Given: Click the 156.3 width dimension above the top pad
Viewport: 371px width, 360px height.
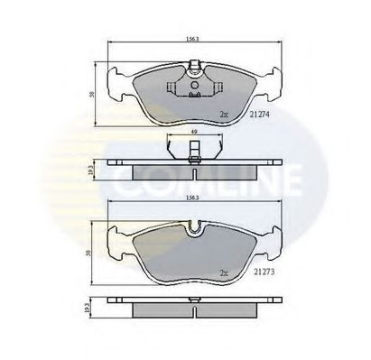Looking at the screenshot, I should point(191,39).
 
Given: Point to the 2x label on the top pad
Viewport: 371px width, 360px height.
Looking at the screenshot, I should point(224,115).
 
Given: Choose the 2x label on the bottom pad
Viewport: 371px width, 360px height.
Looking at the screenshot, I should point(224,270).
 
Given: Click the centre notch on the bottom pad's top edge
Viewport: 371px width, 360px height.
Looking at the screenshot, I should point(193,229).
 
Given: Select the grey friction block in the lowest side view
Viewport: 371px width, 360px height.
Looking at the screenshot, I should point(191,310).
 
